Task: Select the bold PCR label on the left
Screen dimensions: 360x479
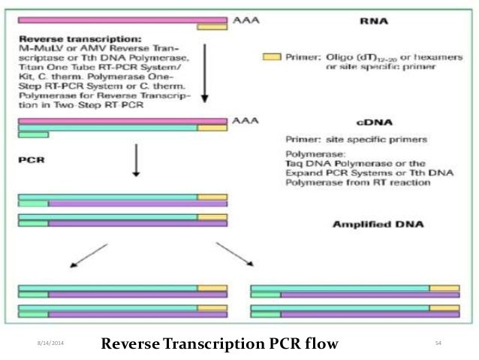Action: pos(29,160)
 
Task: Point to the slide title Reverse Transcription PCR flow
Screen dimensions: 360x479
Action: pos(220,343)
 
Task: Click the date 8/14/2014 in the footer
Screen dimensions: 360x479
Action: pos(51,343)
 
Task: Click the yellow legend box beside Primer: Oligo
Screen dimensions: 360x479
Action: pos(272,56)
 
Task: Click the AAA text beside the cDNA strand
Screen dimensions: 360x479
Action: pos(242,120)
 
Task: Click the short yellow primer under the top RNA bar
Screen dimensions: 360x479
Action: pos(212,27)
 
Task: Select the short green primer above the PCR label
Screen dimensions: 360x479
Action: pos(33,135)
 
